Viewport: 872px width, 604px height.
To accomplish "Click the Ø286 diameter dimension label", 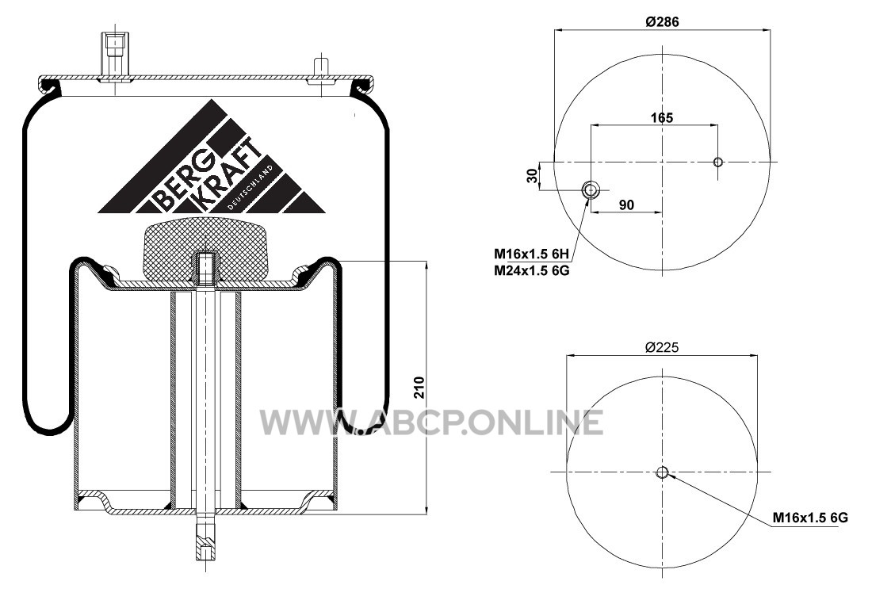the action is [x=663, y=21].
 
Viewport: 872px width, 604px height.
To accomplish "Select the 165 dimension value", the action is [x=662, y=118].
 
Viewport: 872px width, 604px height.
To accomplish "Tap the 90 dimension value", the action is [x=626, y=205].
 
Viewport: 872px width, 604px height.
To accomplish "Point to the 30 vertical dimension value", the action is [x=532, y=176].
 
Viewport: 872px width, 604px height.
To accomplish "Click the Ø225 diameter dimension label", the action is [x=663, y=347].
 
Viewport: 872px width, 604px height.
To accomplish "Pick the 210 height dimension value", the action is [x=419, y=388].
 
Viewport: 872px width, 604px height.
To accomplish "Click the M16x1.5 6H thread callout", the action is [x=532, y=254].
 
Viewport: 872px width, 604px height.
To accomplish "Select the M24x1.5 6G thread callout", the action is [x=532, y=270].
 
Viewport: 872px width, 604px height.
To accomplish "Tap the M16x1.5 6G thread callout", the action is [x=810, y=518].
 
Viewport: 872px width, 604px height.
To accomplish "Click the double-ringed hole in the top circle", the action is [x=590, y=190].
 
